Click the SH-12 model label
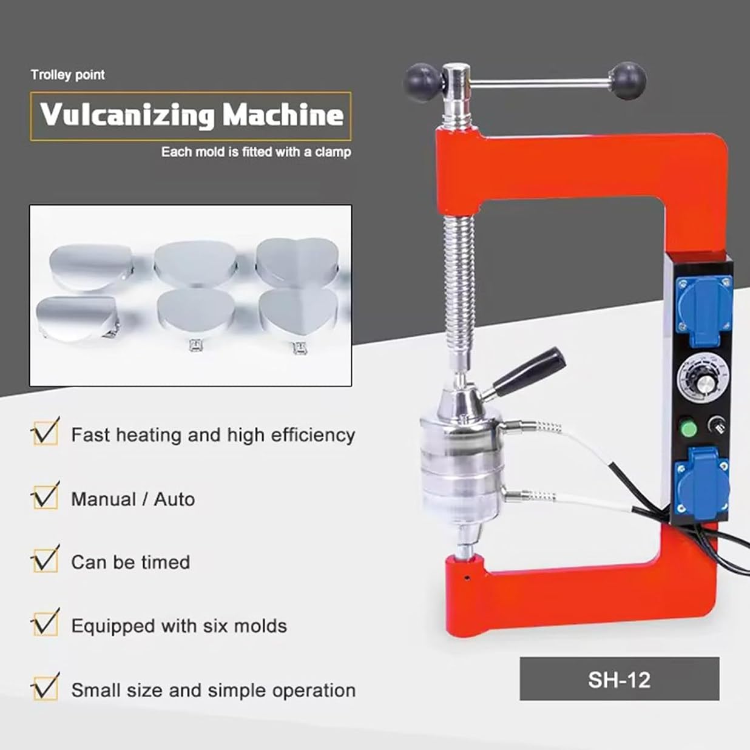pyautogui.click(x=619, y=680)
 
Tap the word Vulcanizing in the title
pyautogui.click(x=127, y=115)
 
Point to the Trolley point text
pyautogui.click(x=68, y=75)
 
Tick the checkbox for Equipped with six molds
pyautogui.click(x=46, y=624)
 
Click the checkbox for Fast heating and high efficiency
pyautogui.click(x=46, y=433)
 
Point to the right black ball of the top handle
pyautogui.click(x=628, y=81)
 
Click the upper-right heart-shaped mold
pyautogui.click(x=297, y=262)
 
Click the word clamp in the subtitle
pyautogui.click(x=333, y=152)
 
